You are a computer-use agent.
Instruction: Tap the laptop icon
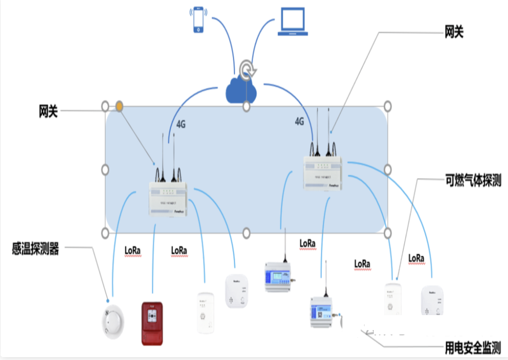(292, 22)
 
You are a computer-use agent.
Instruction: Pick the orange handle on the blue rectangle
(119, 106)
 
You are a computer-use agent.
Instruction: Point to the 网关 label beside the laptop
(454, 33)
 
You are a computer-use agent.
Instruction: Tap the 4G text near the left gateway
(181, 125)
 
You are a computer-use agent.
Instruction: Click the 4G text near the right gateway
(299, 121)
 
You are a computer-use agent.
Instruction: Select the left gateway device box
(168, 198)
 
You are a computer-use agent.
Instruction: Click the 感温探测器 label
(35, 249)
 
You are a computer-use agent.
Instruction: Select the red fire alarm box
(152, 323)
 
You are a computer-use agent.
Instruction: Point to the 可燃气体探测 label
(473, 181)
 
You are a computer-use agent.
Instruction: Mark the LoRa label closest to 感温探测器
(133, 250)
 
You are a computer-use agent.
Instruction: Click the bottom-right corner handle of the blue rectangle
(387, 233)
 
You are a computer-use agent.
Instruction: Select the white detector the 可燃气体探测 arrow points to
(393, 299)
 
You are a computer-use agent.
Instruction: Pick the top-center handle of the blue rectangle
(246, 106)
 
